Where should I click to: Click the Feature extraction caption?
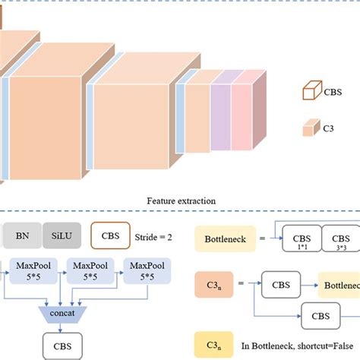coord(182,201)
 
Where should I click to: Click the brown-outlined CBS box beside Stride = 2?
coord(111,235)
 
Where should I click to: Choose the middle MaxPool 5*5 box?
coord(88,270)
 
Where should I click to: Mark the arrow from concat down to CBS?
coord(63,328)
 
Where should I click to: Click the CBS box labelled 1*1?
coord(302,239)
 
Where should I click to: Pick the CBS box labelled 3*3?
coord(341,239)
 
